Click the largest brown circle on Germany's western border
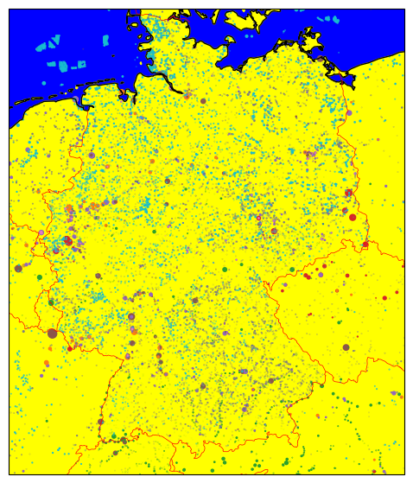click(x=52, y=333)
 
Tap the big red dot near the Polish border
click(x=353, y=217)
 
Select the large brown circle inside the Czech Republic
click(x=346, y=347)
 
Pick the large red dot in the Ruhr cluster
click(x=67, y=241)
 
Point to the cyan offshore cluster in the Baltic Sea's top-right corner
click(x=327, y=18)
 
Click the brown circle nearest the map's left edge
click(x=18, y=268)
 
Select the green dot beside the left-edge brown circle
click(x=39, y=277)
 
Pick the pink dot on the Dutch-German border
click(x=41, y=232)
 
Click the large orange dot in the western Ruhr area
click(x=68, y=208)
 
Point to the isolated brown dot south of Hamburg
click(x=203, y=101)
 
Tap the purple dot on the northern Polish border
click(x=349, y=113)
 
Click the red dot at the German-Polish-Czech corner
click(x=365, y=245)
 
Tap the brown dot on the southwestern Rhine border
click(x=100, y=422)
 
